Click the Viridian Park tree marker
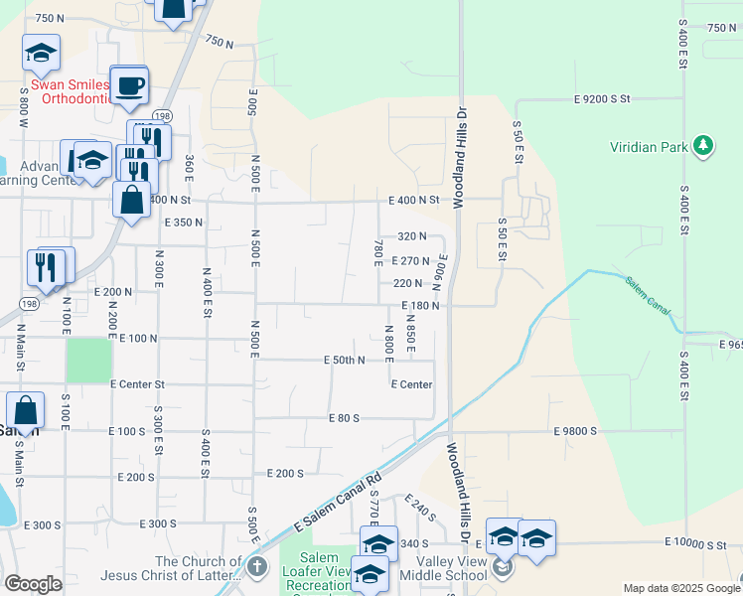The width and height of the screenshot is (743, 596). (x=704, y=146)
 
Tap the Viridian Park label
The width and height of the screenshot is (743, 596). (x=649, y=148)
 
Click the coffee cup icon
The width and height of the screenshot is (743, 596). (x=128, y=84)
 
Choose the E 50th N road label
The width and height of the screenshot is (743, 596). (x=346, y=360)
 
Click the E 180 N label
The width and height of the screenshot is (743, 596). (x=420, y=306)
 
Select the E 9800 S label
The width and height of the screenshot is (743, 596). (x=575, y=431)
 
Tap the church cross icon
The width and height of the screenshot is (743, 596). (x=256, y=568)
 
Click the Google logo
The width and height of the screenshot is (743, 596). (x=33, y=584)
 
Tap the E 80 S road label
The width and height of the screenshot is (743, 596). (x=344, y=418)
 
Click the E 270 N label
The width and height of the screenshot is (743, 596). (x=409, y=261)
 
